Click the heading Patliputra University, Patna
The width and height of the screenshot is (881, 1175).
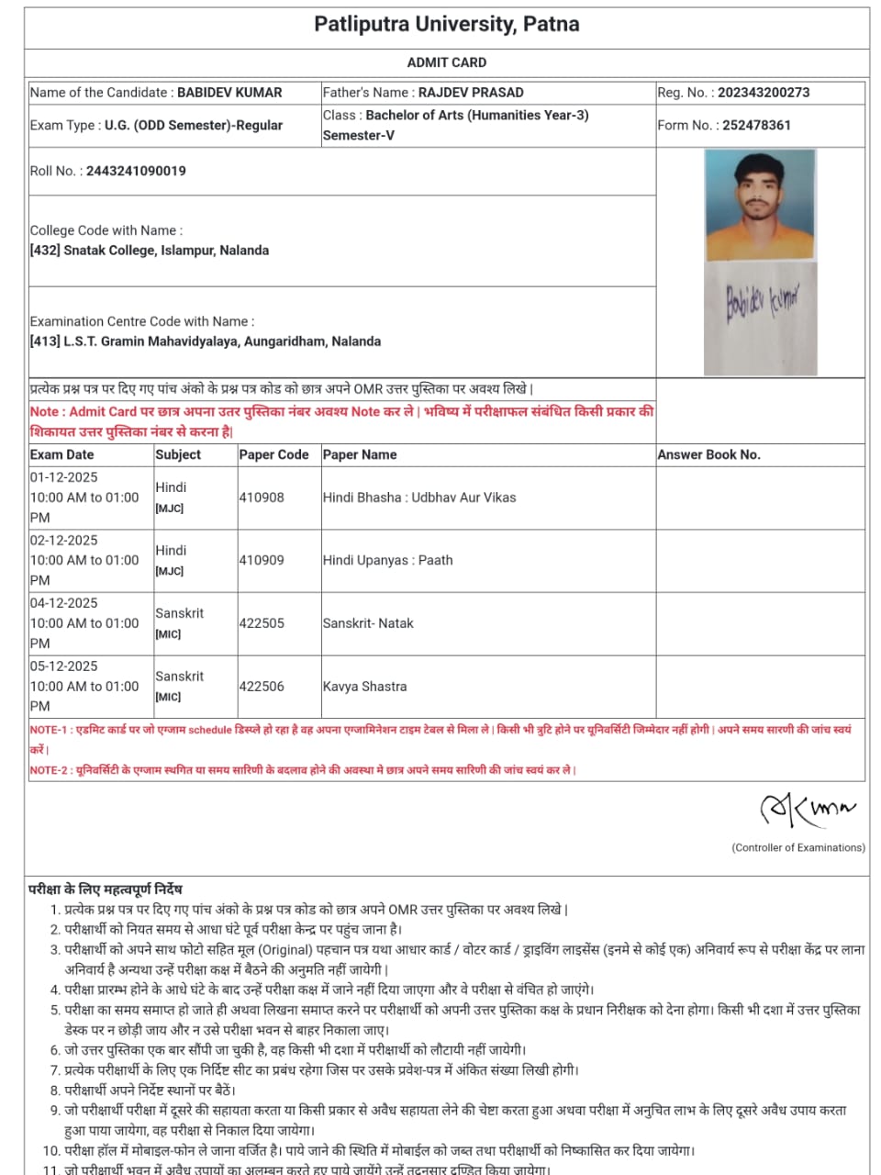446,25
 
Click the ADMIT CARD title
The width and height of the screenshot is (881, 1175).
446,62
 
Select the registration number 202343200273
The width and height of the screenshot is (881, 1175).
764,93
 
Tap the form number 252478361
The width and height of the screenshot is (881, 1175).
756,126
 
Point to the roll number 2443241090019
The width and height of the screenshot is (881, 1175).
136,171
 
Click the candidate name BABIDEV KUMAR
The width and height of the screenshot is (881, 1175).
229,93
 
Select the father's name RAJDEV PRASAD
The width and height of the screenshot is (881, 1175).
471,93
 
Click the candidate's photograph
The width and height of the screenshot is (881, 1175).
760,206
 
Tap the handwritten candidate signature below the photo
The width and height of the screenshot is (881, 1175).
761,303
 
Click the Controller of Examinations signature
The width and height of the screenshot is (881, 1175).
805,808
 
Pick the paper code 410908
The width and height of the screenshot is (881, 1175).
262,498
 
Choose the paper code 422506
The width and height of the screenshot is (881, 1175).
262,687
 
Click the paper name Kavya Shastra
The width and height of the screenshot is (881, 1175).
364,687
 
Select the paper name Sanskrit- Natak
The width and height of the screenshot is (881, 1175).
368,623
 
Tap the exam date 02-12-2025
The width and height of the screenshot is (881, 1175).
63,541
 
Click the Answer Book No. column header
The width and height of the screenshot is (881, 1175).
708,454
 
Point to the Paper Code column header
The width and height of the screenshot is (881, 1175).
273,454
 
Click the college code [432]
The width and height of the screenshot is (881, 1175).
45,251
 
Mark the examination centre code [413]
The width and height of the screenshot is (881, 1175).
45,341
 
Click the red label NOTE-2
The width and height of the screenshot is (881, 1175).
49,770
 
